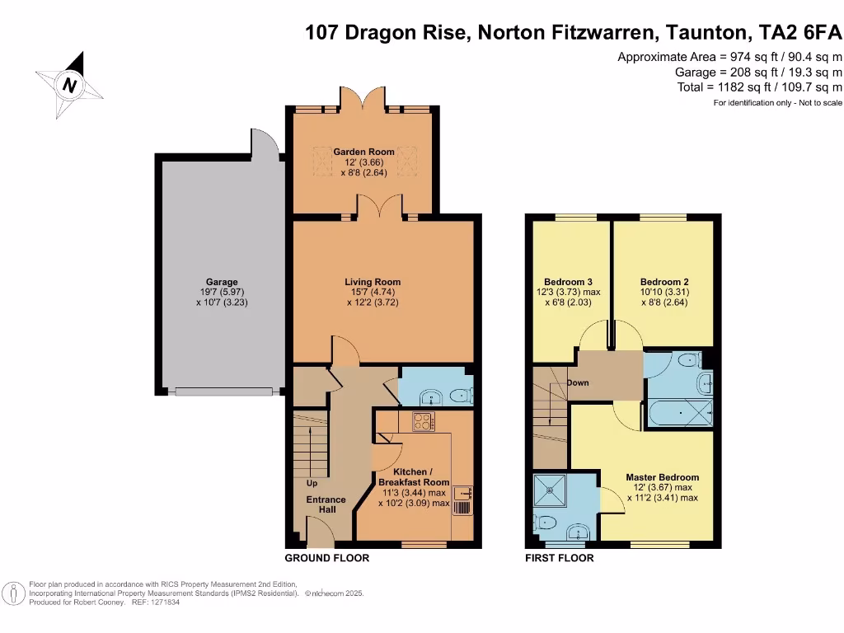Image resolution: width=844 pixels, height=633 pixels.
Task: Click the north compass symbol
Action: (x=68, y=84)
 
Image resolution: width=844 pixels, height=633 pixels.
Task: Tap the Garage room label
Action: (x=222, y=282)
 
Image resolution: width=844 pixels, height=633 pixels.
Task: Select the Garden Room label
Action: (x=363, y=152)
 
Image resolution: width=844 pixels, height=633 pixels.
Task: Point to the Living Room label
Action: (x=373, y=282)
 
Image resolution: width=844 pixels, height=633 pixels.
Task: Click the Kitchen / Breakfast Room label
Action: (x=414, y=476)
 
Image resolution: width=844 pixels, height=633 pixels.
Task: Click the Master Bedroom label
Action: (x=662, y=477)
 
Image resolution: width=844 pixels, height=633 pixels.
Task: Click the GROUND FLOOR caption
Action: (x=326, y=559)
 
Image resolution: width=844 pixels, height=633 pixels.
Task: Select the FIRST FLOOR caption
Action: (x=560, y=559)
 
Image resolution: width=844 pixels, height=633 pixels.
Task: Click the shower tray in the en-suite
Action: (x=550, y=491)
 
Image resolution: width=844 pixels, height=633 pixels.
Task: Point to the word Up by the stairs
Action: (x=312, y=483)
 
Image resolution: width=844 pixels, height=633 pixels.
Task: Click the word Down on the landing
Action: (x=578, y=383)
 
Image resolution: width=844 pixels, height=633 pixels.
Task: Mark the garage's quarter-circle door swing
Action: (x=266, y=143)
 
